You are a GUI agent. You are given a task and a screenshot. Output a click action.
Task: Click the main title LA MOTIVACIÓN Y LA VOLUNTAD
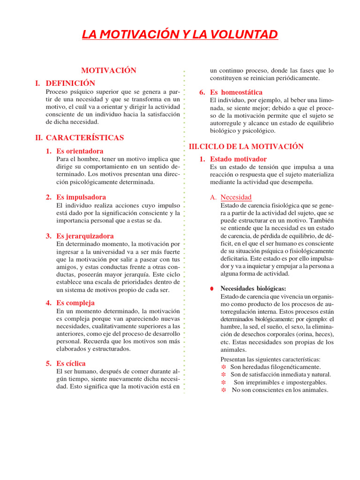coord(180,35)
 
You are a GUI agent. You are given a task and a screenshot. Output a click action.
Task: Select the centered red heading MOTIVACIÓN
coord(109,70)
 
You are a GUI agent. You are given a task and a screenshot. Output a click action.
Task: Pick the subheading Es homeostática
coord(236,92)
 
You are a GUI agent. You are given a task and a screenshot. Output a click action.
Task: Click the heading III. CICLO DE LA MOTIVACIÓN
coord(246,147)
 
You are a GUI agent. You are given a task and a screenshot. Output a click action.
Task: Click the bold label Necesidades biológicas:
coord(253,289)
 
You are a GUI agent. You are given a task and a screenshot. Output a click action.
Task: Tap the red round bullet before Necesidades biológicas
coord(212,289)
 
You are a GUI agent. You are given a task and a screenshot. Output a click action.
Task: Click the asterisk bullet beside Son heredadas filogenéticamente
coord(224,367)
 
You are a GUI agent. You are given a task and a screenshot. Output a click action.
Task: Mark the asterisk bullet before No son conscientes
coord(224,390)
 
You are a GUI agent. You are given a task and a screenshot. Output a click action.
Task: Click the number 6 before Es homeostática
coord(202,92)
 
